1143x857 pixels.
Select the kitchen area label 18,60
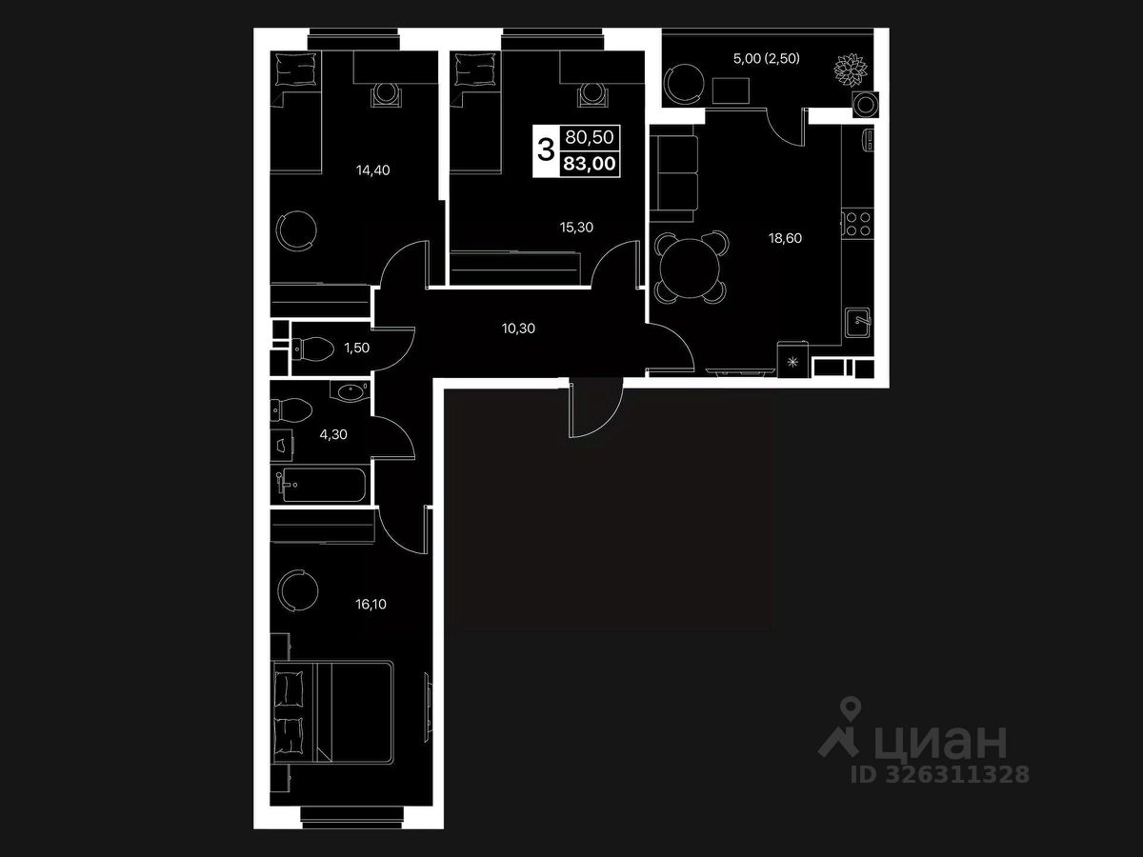[x=786, y=238]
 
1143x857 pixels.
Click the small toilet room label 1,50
[x=356, y=348]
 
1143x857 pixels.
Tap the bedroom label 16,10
[x=344, y=603]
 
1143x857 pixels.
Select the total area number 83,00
[x=590, y=164]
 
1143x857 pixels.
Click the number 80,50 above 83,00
[x=590, y=138]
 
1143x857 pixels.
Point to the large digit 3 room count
[x=546, y=149]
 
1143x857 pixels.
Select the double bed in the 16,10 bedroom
[x=333, y=711]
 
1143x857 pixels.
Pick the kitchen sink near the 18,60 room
[x=860, y=321]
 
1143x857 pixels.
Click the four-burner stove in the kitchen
[x=858, y=225]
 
